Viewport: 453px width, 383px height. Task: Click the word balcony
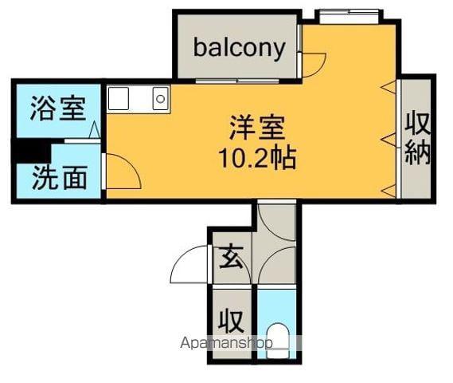coord(240,49)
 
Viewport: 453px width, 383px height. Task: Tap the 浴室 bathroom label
coord(58,109)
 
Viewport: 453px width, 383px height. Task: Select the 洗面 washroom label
coord(60,177)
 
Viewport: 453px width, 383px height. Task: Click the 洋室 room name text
coord(257,128)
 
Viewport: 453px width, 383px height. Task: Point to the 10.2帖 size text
coord(258,158)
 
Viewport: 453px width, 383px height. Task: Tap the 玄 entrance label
coord(231,257)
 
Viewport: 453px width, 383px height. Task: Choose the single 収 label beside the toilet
coord(230,321)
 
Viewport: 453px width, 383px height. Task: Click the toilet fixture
coord(277,340)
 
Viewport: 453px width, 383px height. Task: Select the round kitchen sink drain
coord(160,99)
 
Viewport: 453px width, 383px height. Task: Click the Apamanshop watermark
coord(226,343)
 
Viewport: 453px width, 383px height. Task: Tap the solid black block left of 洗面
coord(31,151)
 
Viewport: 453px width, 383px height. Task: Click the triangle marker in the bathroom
coord(94,130)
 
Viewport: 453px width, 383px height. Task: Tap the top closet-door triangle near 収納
coord(389,87)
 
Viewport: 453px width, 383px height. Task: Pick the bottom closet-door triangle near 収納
coord(389,191)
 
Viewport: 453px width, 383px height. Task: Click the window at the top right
coord(349,16)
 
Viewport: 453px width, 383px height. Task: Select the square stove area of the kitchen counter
coord(119,98)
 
